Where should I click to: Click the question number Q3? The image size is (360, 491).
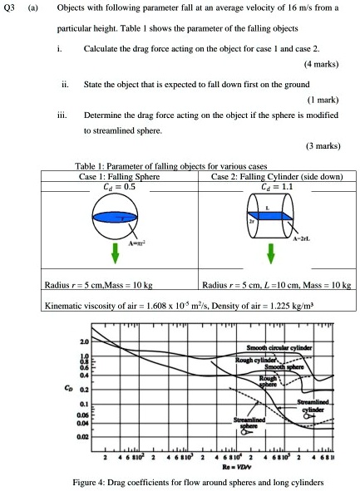12,14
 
